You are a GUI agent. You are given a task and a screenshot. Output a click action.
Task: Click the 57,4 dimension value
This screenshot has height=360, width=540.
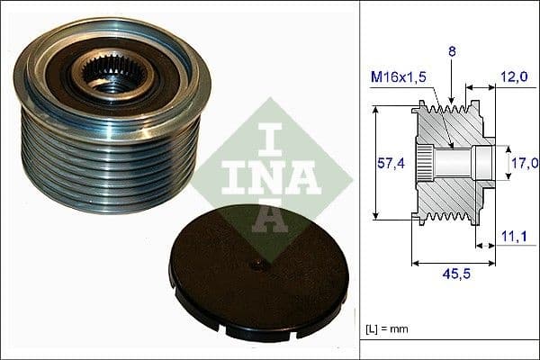pyautogui.click(x=388, y=162)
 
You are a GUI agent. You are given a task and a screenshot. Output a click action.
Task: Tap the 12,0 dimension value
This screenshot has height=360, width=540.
pyautogui.click(x=516, y=78)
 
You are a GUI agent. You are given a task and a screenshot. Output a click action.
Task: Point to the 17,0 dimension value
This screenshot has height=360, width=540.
pyautogui.click(x=524, y=163)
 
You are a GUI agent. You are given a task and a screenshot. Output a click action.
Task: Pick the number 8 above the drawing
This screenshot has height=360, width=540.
pyautogui.click(x=453, y=53)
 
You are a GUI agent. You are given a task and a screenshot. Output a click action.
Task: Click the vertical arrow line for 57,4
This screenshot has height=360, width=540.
pyautogui.click(x=373, y=162)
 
